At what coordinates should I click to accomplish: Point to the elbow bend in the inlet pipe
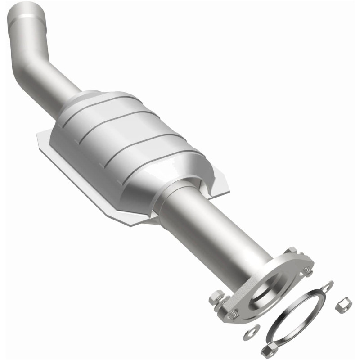[x=28, y=67]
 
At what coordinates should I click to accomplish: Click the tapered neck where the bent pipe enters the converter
[x=81, y=101]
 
